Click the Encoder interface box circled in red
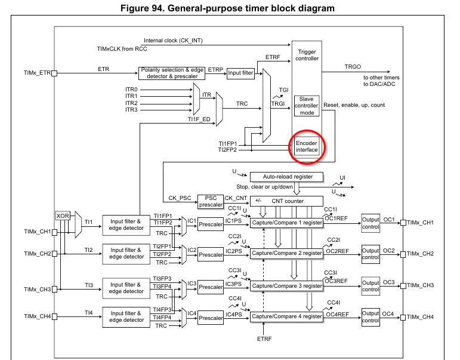307,146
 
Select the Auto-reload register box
286,177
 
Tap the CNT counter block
286,201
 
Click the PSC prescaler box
211,201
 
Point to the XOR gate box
63,216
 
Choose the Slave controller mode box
307,106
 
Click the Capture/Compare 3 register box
286,286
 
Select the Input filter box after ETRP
240,73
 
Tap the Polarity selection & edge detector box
172,73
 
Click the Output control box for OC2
371,254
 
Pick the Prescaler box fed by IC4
211,318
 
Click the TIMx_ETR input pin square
54,73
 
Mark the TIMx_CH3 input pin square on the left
54,290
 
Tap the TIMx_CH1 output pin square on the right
403,223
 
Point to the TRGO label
353,67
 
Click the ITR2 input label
131,103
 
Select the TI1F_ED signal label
199,119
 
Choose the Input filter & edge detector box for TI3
126,288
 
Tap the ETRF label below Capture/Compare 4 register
264,339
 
